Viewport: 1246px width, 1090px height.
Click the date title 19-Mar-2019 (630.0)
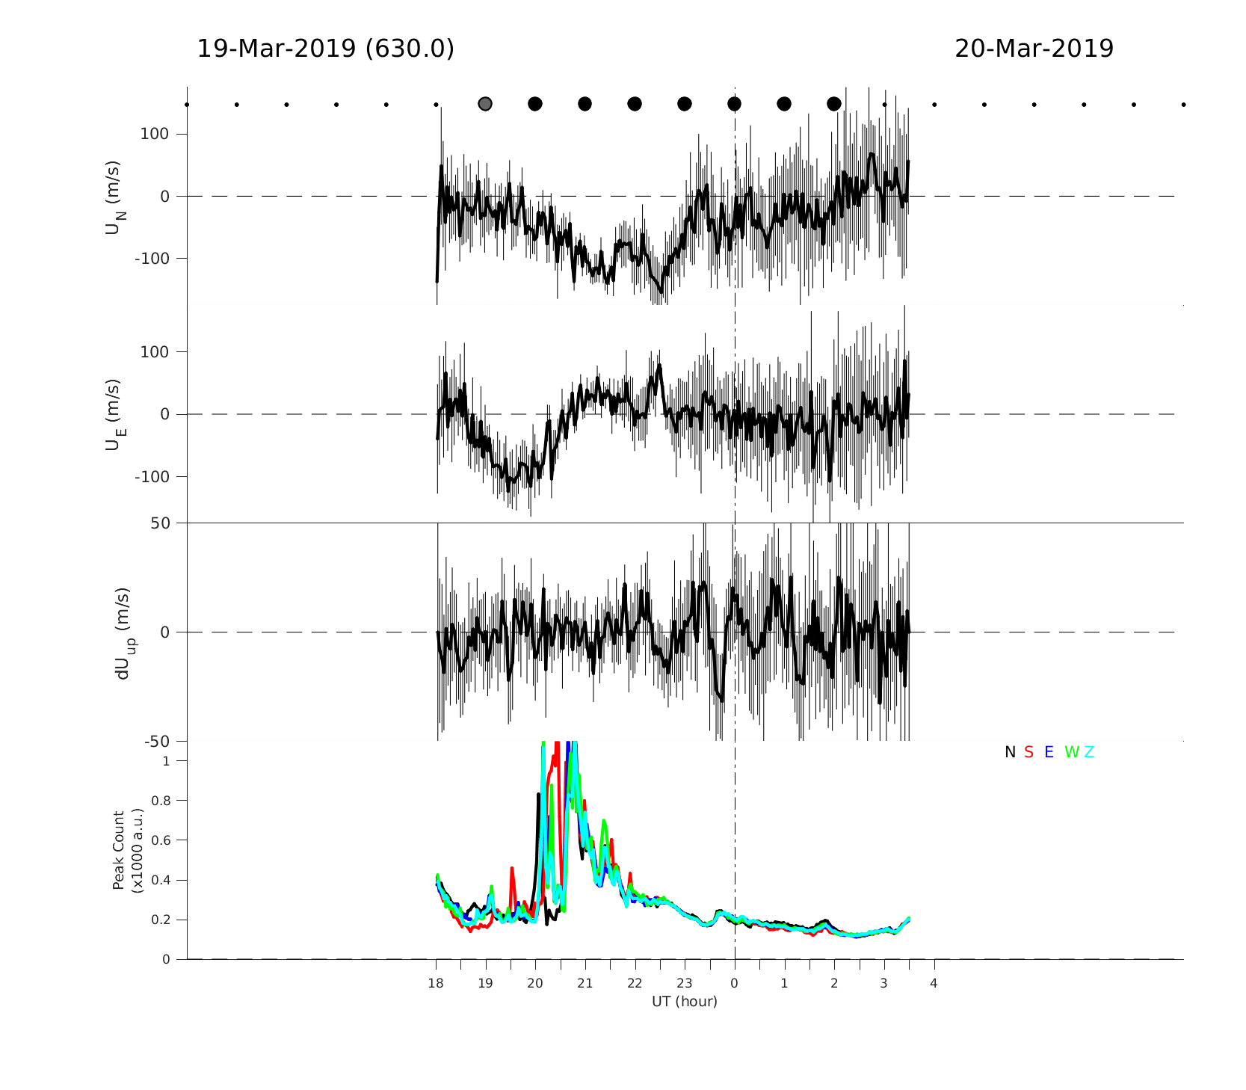tap(325, 49)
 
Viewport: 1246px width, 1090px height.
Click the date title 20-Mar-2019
tap(1034, 49)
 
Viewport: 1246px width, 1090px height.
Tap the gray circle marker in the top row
tap(485, 104)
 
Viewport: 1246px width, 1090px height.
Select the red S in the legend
tap(1028, 752)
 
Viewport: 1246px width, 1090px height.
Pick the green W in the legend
tap(1071, 752)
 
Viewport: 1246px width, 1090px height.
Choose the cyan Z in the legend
tap(1089, 752)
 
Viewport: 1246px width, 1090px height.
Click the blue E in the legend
tap(1049, 752)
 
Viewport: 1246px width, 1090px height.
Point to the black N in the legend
tap(1010, 752)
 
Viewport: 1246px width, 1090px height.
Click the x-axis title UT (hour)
tap(685, 1002)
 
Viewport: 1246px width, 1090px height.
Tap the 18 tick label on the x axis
tap(436, 983)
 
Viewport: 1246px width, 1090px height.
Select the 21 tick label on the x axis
tap(585, 983)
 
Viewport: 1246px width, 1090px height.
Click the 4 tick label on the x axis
tap(934, 983)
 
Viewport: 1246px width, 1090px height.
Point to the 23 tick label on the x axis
tap(684, 983)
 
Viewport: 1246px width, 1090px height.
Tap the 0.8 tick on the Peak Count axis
tap(161, 801)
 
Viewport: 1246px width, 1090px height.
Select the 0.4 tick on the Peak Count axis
tap(161, 880)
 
